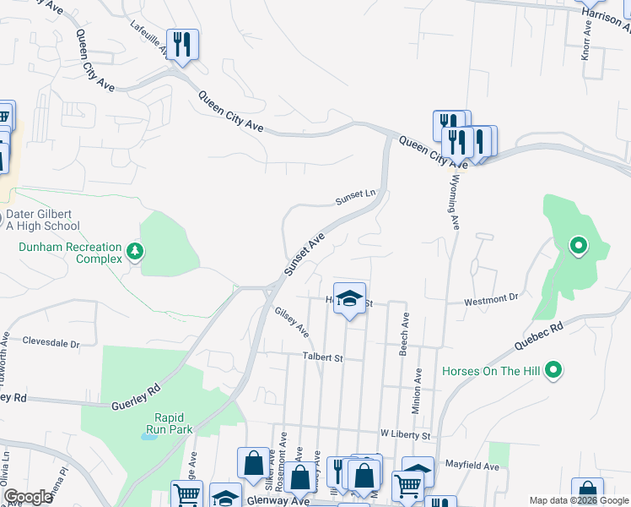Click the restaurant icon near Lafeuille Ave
pyautogui.click(x=182, y=44)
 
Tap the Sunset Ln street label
pyautogui.click(x=354, y=197)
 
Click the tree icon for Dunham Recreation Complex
pyautogui.click(x=134, y=251)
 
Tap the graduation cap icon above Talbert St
pyautogui.click(x=349, y=298)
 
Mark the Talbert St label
pyautogui.click(x=322, y=358)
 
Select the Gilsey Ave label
pyautogui.click(x=292, y=322)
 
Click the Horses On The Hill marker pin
pyautogui.click(x=553, y=369)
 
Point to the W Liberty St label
pyautogui.click(x=405, y=434)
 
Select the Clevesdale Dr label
pyautogui.click(x=51, y=344)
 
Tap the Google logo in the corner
pyautogui.click(x=28, y=497)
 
